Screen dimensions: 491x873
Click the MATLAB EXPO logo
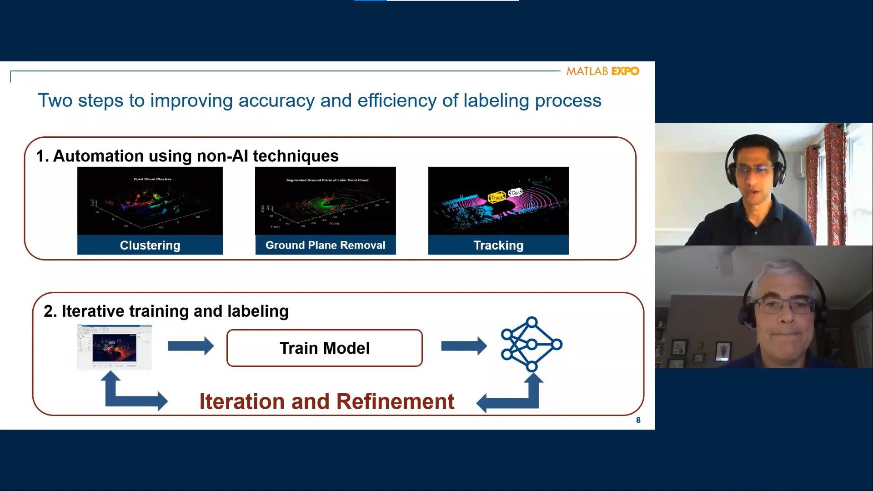[x=602, y=71]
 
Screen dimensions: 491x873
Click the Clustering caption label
[x=150, y=245]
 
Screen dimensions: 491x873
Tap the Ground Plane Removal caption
[x=326, y=245]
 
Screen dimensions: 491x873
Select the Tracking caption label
[x=498, y=245]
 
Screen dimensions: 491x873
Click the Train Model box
[x=324, y=348]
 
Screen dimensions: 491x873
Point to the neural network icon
[x=532, y=345]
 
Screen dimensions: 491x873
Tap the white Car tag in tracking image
[x=515, y=193]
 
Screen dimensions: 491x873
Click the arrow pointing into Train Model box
[x=191, y=346]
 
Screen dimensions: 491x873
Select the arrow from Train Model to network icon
[x=463, y=346]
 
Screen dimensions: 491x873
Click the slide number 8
[x=638, y=420]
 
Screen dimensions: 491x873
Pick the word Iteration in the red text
[x=241, y=402]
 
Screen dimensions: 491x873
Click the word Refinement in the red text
[x=395, y=402]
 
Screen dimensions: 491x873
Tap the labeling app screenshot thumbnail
[x=115, y=346]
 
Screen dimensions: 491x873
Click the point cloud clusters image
[x=150, y=201]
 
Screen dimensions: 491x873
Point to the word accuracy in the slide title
[x=276, y=101]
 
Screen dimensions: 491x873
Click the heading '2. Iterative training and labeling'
[x=166, y=311]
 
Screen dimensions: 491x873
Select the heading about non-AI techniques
[x=187, y=156]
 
